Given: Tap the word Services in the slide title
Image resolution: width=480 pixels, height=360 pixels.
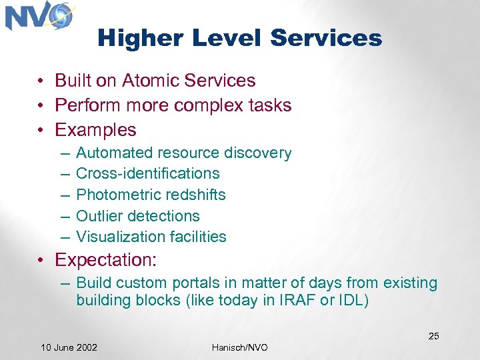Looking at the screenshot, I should tap(326, 38).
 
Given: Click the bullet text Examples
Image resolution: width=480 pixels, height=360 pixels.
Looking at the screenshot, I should tap(95, 129).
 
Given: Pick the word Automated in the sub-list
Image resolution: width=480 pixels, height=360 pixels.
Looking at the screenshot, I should tap(115, 153).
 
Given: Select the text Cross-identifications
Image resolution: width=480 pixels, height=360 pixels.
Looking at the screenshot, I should tap(147, 173).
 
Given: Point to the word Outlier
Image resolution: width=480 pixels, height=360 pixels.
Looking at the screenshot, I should tap(99, 216).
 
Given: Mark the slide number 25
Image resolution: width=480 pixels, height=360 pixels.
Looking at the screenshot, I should tap(433, 336).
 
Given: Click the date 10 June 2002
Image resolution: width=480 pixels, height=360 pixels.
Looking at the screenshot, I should tap(69, 347).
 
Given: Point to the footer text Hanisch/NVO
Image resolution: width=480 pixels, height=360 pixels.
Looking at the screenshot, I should tap(240, 347).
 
